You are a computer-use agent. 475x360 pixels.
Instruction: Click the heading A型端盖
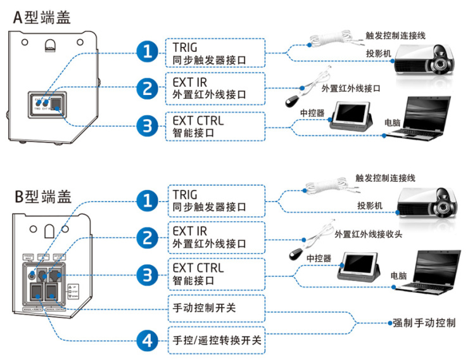(42, 16)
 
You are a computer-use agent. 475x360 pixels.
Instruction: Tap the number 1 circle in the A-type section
(148, 51)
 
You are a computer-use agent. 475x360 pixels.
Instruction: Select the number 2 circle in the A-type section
(148, 89)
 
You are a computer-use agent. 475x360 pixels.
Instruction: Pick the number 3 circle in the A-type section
(148, 125)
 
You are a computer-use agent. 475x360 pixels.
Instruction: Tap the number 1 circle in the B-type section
(148, 201)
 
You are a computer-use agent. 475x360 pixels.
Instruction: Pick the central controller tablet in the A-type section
(351, 117)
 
